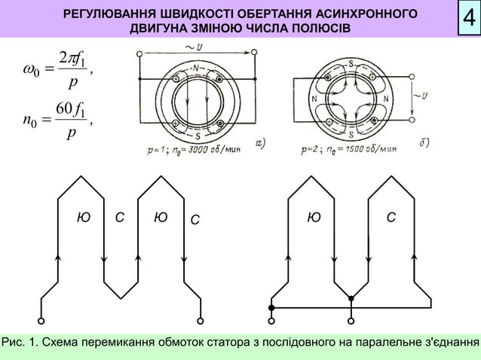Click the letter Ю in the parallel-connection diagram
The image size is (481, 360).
pyautogui.click(x=314, y=218)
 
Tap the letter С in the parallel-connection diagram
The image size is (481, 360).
pyautogui.click(x=390, y=218)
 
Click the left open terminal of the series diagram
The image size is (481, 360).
pyautogui.click(x=41, y=315)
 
